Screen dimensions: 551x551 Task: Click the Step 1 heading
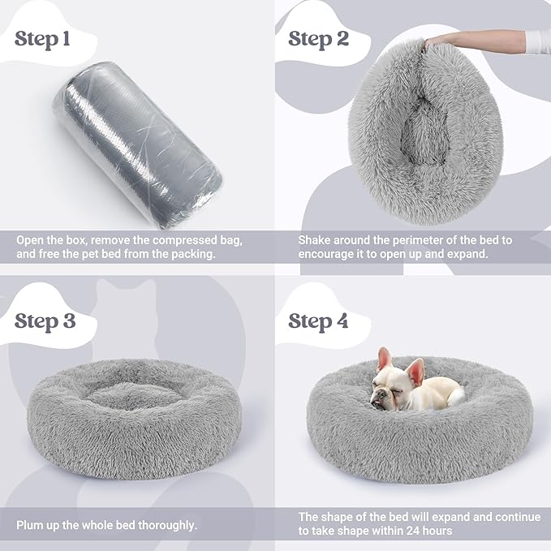pos(48,40)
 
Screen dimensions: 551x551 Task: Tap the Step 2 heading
pos(318,38)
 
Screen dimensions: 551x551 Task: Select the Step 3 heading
pos(45,321)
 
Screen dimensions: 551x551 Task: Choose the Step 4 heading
pos(318,321)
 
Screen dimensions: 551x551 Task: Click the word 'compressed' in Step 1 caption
pos(169,241)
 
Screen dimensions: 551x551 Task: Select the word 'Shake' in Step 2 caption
pos(315,241)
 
